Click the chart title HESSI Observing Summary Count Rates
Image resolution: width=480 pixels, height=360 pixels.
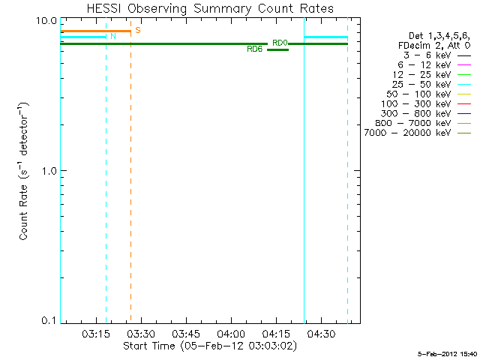coord(210,8)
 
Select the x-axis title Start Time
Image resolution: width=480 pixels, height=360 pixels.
coord(211,346)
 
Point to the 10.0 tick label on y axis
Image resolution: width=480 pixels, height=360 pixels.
coord(46,20)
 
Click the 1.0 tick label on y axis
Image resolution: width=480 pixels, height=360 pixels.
coord(49,170)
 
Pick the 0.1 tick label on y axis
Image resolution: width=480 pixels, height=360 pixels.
coord(49,320)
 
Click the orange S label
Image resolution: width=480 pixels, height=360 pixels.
coord(138,30)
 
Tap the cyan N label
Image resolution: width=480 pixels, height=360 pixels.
coord(113,36)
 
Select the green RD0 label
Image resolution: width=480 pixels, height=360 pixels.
coord(280,43)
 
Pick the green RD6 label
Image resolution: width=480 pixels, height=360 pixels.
coord(254,49)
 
